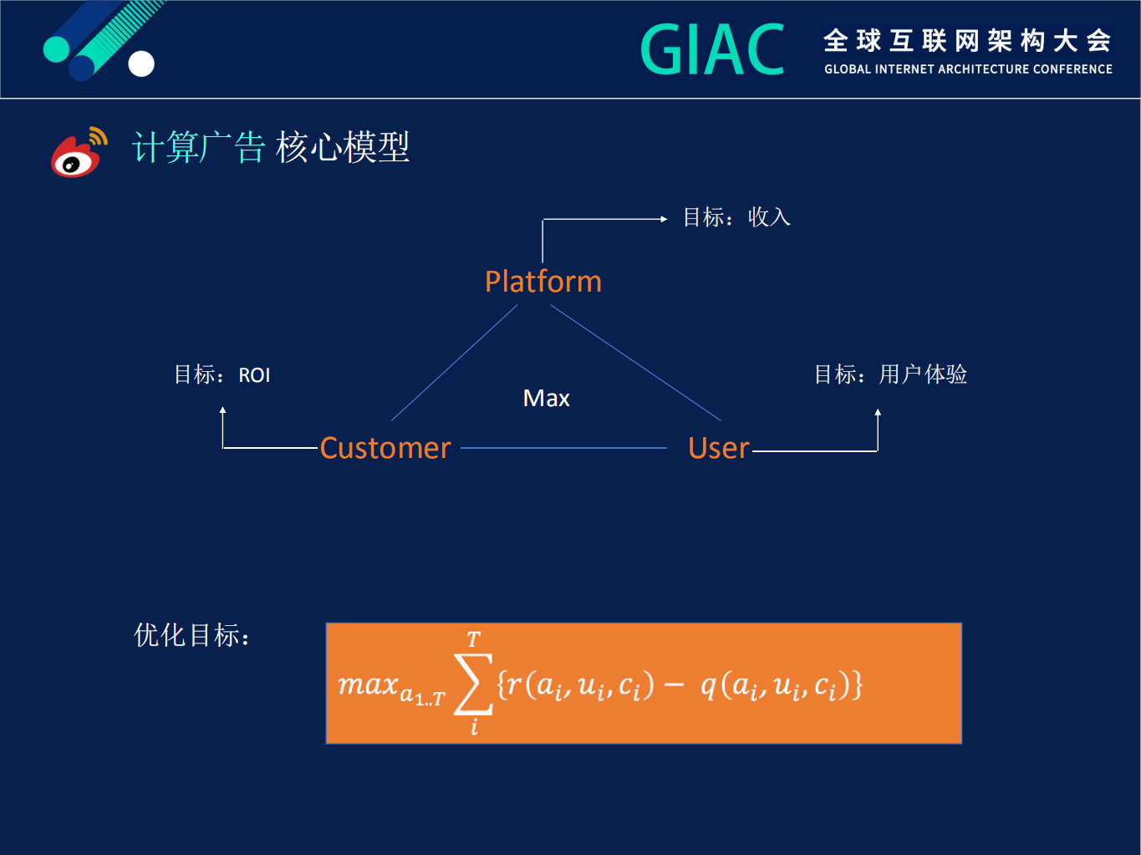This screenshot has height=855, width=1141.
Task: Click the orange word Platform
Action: (543, 282)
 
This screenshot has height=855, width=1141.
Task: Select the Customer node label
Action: (385, 448)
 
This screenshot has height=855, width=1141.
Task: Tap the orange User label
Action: (718, 448)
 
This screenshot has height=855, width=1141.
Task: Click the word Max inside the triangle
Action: (546, 399)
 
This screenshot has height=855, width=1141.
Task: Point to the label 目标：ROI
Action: (222, 374)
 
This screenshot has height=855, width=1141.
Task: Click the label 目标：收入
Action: (736, 217)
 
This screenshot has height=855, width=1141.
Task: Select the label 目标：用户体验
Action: (890, 374)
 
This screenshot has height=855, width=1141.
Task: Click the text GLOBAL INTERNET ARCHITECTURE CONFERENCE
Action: (968, 69)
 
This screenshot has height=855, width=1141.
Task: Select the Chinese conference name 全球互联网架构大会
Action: (967, 40)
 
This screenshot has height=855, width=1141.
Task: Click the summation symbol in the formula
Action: (472, 685)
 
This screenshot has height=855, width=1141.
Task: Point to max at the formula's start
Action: (369, 685)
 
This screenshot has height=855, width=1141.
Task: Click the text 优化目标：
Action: (192, 635)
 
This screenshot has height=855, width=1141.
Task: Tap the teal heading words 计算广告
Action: (199, 147)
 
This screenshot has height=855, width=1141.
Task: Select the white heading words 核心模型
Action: (343, 147)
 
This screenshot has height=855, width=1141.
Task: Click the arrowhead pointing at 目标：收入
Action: (664, 219)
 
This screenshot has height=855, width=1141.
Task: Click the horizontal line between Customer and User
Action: (563, 448)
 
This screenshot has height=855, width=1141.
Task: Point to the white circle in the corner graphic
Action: (141, 64)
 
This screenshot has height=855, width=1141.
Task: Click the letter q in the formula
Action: (708, 686)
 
